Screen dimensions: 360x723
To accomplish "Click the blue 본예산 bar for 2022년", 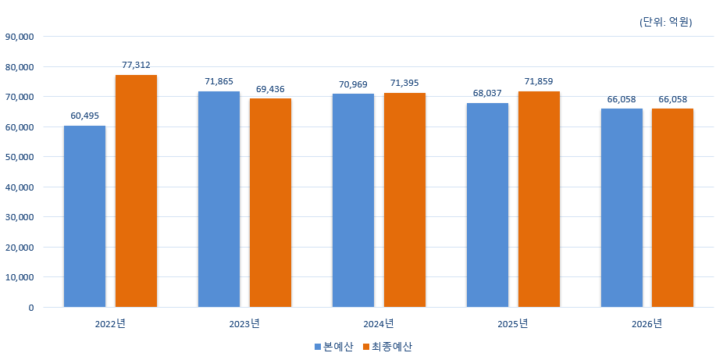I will [84, 216].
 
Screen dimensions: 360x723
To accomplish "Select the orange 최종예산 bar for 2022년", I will [136, 191].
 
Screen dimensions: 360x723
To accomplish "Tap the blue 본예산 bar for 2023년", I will [219, 199].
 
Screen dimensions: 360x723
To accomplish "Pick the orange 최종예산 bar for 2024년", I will [404, 200].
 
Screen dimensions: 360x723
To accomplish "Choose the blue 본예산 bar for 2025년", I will [487, 205].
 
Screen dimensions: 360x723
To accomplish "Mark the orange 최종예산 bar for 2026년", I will [672, 208].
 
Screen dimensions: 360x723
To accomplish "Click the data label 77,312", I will [136, 65].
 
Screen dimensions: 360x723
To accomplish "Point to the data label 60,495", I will [84, 116].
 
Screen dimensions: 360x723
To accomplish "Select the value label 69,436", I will [270, 89].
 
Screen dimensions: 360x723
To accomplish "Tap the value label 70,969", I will [353, 84].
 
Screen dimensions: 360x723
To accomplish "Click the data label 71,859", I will [539, 81].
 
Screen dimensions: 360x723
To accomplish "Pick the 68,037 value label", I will [487, 93].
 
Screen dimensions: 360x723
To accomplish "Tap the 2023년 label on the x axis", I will [245, 323].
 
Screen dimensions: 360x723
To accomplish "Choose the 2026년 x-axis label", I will [646, 323].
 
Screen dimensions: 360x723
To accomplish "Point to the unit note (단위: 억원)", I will [665, 22].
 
